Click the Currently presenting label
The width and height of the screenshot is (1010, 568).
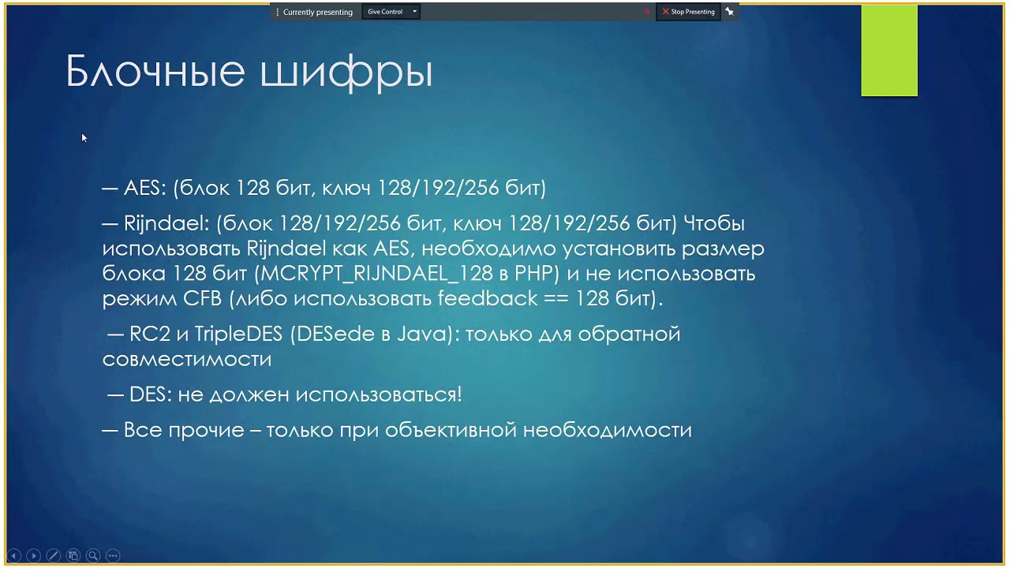pos(317,12)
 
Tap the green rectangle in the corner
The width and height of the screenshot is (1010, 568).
pos(889,50)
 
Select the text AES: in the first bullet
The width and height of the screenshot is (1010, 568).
pos(144,188)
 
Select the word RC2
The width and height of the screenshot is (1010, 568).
pos(150,334)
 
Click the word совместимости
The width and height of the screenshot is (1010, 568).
pos(187,359)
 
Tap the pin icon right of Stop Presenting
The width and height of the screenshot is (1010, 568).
pos(730,12)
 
